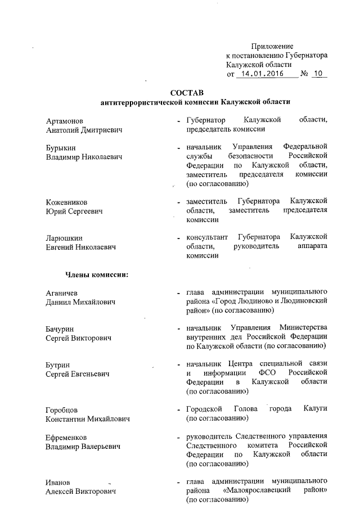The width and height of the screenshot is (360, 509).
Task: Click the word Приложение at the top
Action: [272, 46]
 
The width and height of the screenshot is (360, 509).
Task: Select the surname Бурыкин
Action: [61, 147]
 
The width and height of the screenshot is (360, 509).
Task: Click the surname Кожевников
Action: [67, 201]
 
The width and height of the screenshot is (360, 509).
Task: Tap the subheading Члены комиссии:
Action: [97, 274]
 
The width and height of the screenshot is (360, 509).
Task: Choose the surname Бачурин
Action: [60, 328]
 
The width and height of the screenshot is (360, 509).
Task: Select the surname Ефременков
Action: [67, 437]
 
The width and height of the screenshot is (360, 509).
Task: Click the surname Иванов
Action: [58, 482]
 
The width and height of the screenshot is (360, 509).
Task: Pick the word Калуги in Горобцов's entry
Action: [314, 409]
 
